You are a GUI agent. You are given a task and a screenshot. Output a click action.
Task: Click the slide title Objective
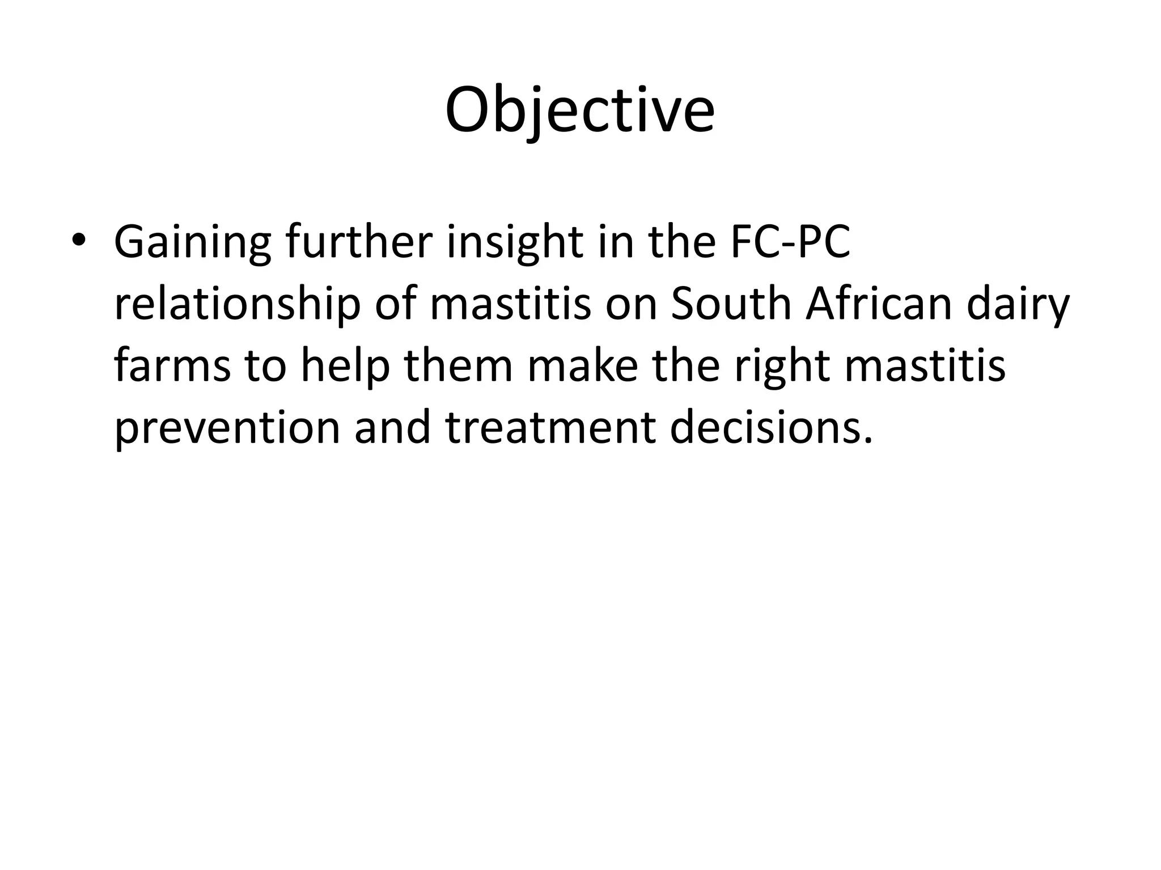click(x=579, y=110)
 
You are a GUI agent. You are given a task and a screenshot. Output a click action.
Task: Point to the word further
click(x=358, y=242)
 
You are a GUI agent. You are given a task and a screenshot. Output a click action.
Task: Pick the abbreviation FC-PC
click(x=790, y=242)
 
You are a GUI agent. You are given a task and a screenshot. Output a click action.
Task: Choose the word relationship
click(x=237, y=305)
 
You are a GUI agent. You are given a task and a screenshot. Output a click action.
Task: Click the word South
click(x=731, y=304)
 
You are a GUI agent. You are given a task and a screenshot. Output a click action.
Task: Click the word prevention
click(x=227, y=429)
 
